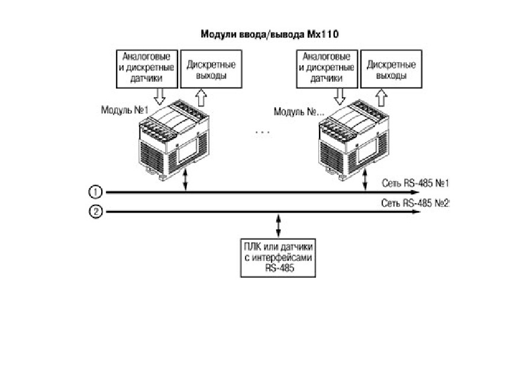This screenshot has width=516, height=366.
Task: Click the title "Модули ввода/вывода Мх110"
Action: (269, 34)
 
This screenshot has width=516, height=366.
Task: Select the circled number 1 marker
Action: (96, 192)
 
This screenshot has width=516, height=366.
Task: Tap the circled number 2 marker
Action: (96, 211)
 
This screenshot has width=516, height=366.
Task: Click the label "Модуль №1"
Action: (125, 110)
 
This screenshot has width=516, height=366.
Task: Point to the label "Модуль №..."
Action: (299, 112)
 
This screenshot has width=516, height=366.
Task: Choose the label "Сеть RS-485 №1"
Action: (415, 183)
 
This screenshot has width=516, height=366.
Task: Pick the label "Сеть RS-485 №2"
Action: (415, 203)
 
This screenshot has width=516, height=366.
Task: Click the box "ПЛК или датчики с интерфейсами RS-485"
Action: (278, 258)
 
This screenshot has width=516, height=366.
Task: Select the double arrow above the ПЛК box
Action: (279, 226)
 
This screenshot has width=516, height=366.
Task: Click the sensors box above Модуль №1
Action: (147, 69)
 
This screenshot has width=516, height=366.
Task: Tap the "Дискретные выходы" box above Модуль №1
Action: (211, 69)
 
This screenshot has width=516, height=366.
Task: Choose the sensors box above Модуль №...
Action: (327, 69)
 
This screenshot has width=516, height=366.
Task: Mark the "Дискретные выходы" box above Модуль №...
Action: (391, 69)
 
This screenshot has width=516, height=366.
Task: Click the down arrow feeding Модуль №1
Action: (160, 97)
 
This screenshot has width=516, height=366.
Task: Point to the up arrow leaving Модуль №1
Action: (201, 97)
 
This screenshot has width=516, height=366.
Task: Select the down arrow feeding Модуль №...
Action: (340, 97)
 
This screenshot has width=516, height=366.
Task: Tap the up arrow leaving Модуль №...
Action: (381, 97)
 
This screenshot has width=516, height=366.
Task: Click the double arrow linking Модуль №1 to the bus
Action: (186, 179)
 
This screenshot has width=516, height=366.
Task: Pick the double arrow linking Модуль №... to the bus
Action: (365, 179)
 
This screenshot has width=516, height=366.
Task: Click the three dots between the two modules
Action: (263, 133)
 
